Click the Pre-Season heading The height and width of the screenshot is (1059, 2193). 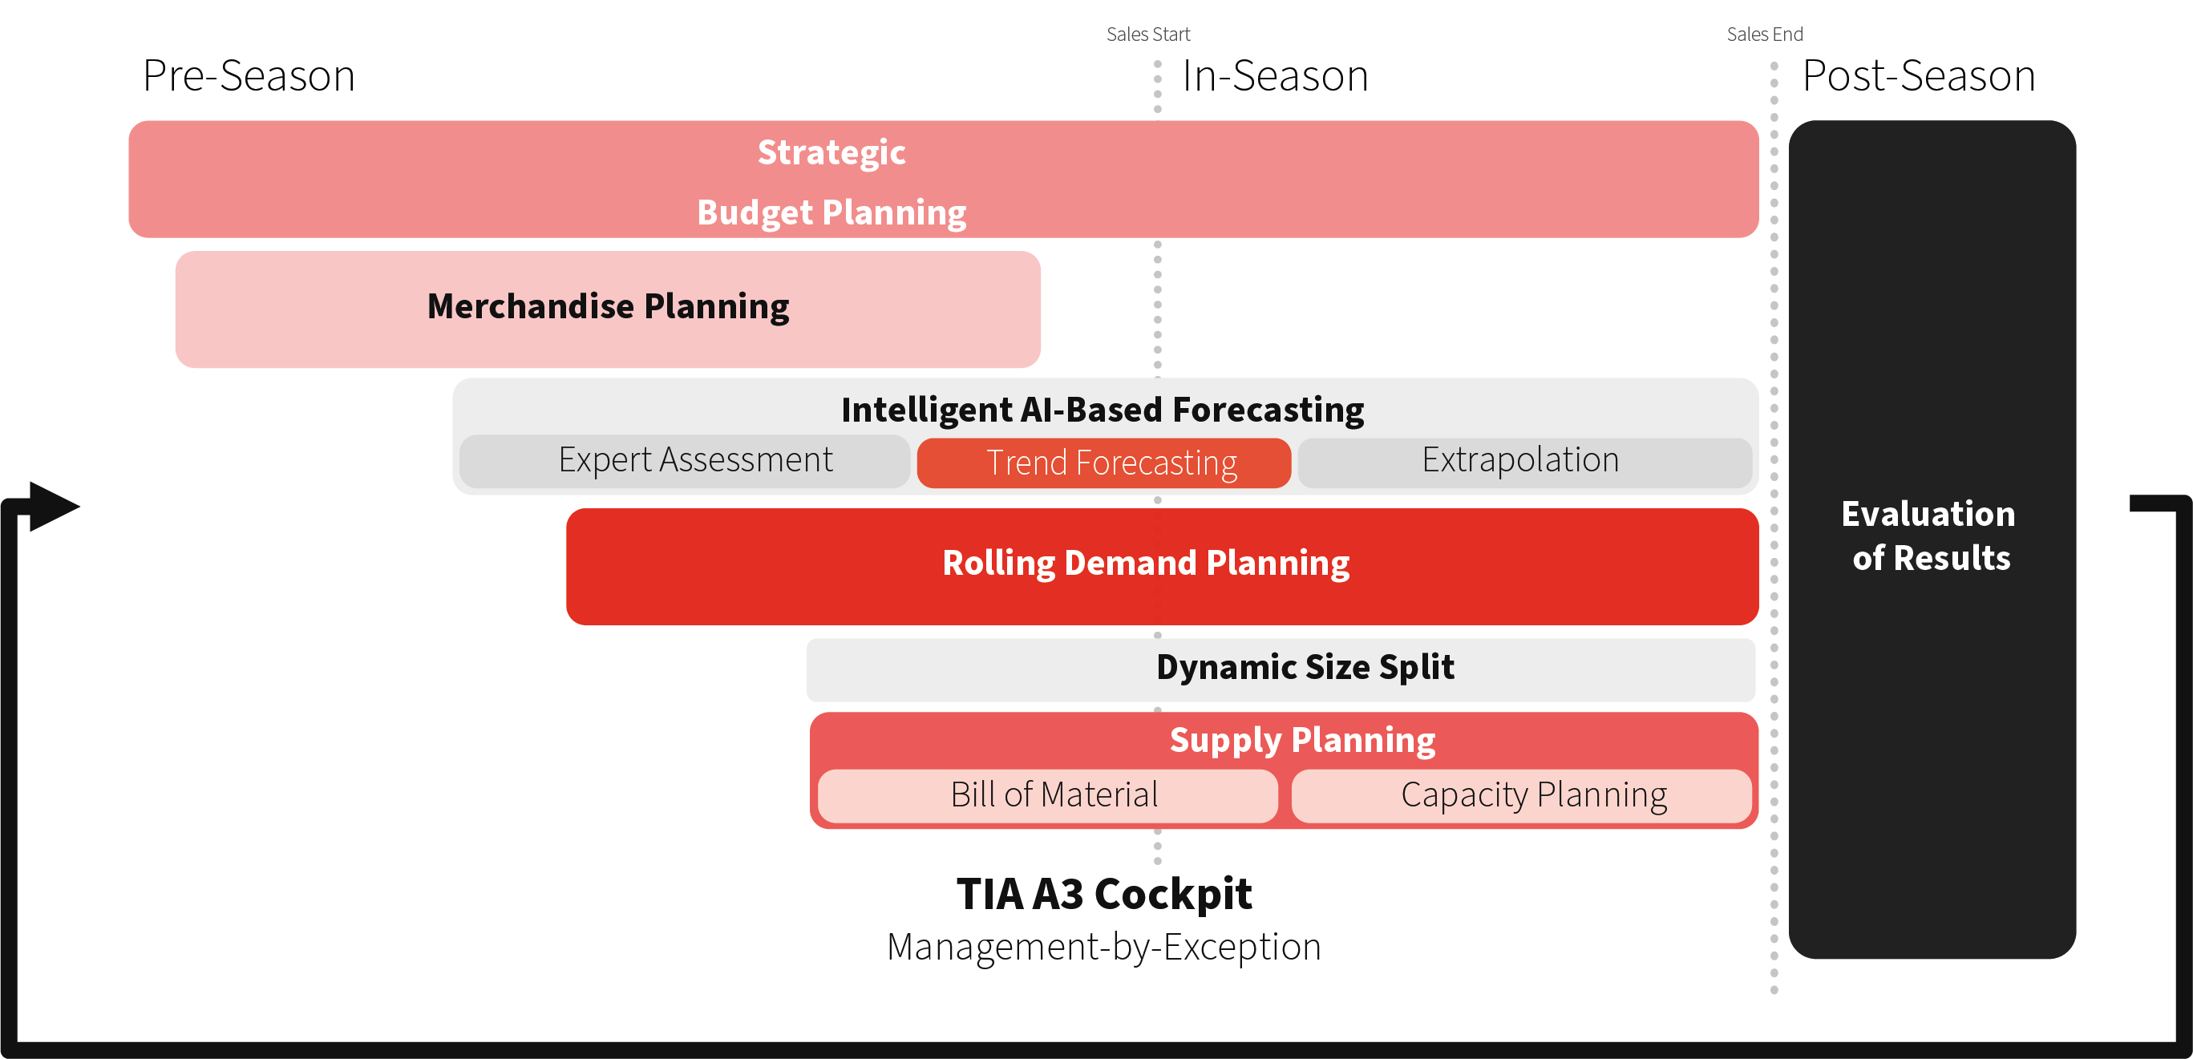click(x=249, y=76)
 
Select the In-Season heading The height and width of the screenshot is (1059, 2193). click(x=1275, y=76)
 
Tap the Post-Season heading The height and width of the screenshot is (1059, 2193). click(x=1919, y=76)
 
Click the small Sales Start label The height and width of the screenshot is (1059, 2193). click(x=1147, y=34)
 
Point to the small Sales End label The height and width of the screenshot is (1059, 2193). click(x=1765, y=34)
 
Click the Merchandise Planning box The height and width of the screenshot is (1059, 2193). click(x=608, y=309)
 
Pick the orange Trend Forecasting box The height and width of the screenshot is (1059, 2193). click(x=1103, y=463)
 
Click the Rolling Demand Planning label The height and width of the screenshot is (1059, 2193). click(x=1146, y=563)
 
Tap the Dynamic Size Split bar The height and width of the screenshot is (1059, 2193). click(x=1281, y=670)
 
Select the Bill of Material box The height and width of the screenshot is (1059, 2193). click(x=1048, y=796)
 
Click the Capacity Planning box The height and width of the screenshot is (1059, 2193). click(x=1521, y=796)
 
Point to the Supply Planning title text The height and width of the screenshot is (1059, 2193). click(x=1302, y=740)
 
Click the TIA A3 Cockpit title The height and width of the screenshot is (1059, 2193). click(x=1104, y=894)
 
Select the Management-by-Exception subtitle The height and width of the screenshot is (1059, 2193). click(x=1104, y=947)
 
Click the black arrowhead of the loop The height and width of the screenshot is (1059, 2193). click(x=54, y=507)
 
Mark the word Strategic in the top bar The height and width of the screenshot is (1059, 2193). click(x=831, y=152)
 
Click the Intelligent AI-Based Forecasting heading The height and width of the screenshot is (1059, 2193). click(x=1103, y=410)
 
